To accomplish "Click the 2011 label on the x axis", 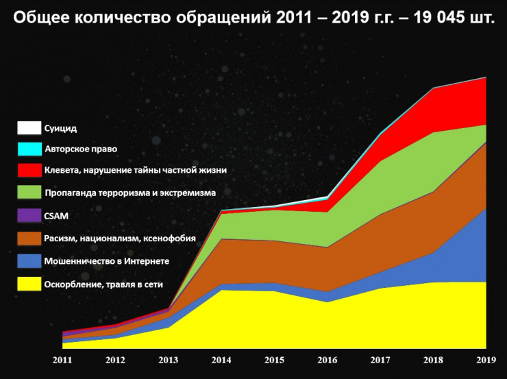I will (62, 359).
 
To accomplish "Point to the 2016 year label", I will (328, 359).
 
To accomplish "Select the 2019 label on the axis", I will (486, 359).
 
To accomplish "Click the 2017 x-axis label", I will (381, 359).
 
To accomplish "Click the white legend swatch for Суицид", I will (29, 128).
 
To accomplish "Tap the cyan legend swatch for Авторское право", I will (29, 148).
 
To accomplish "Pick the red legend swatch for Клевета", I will (29, 170).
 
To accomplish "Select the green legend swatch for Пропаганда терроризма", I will (29, 193).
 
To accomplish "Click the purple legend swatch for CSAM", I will (29, 215).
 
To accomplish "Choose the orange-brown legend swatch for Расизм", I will (29, 238).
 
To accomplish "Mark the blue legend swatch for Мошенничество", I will (29, 261).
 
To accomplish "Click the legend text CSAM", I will (56, 216).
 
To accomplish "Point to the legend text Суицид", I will (60, 128).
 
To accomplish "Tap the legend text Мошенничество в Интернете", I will (106, 261).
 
